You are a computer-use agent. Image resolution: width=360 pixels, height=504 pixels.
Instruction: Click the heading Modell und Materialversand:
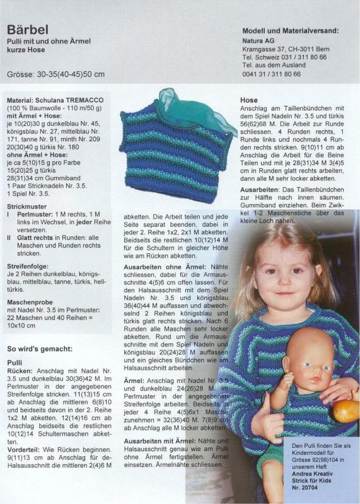(290, 30)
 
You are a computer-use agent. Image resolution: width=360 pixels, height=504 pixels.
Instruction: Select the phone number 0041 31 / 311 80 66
(271, 74)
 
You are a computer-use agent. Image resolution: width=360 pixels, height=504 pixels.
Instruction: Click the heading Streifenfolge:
(30, 266)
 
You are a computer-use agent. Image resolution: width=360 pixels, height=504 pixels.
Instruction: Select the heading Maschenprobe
(30, 302)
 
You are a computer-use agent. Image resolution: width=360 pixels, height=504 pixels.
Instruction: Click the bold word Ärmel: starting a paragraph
(135, 381)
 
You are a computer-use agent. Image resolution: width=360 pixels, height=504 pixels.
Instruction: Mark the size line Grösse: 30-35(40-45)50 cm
(56, 74)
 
